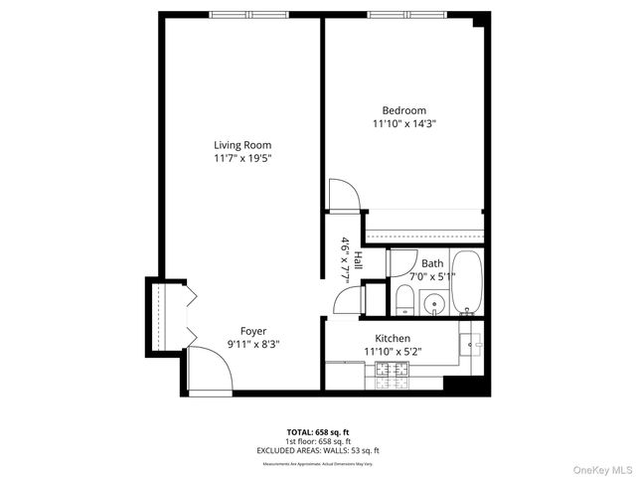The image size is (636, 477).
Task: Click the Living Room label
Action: tap(242, 145)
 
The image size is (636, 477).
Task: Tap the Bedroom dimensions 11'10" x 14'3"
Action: tap(404, 124)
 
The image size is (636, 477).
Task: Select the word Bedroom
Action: tap(404, 110)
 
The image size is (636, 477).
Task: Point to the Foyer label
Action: tap(253, 331)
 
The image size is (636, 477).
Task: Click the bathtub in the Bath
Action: tap(466, 282)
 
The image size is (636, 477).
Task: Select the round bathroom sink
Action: tap(433, 304)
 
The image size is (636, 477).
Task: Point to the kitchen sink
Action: tap(472, 343)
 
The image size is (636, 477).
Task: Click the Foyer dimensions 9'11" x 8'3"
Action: tap(253, 345)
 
